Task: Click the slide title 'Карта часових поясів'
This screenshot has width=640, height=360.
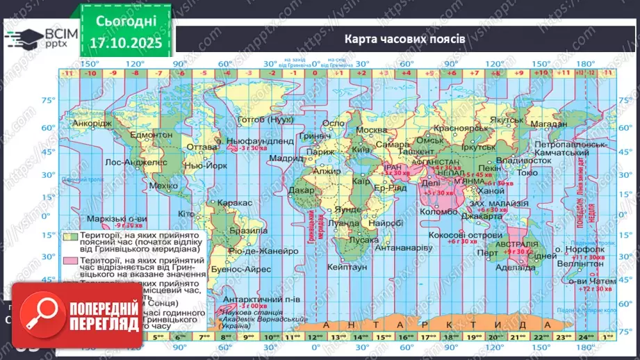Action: [x=405, y=38]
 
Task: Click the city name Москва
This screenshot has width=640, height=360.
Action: [x=370, y=131]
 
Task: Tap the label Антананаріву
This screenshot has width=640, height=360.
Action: [x=404, y=247]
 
